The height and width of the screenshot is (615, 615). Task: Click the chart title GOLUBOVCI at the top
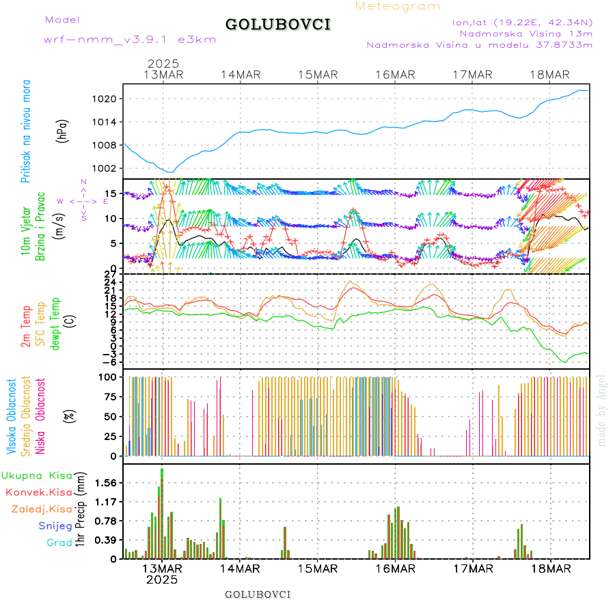click(x=277, y=25)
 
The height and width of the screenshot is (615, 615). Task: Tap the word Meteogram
click(x=398, y=6)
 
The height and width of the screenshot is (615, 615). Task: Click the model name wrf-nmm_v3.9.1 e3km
click(x=130, y=40)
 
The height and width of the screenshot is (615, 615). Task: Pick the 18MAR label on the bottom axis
click(x=550, y=568)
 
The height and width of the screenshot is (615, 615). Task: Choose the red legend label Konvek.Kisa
click(x=38, y=492)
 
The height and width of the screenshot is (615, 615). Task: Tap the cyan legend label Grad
click(x=59, y=543)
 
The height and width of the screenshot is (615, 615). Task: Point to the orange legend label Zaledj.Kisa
click(x=42, y=508)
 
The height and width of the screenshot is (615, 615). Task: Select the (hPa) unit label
click(x=63, y=131)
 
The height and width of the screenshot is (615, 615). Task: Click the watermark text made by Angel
click(x=602, y=410)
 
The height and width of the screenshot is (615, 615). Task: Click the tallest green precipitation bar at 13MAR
click(x=162, y=512)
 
